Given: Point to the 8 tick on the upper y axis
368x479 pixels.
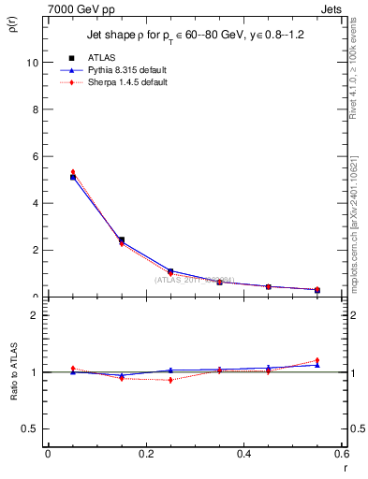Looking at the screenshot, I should (34, 109).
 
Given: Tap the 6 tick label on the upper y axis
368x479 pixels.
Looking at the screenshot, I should (34, 155).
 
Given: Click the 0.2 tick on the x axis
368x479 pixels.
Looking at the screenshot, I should (146, 454).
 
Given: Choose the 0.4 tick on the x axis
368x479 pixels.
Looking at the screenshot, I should (244, 454).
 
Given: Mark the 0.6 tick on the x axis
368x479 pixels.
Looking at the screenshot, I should (343, 454).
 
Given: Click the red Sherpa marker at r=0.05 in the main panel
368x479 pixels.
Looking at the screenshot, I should (73, 172).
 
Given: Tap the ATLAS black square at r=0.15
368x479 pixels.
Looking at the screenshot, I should (122, 239).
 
